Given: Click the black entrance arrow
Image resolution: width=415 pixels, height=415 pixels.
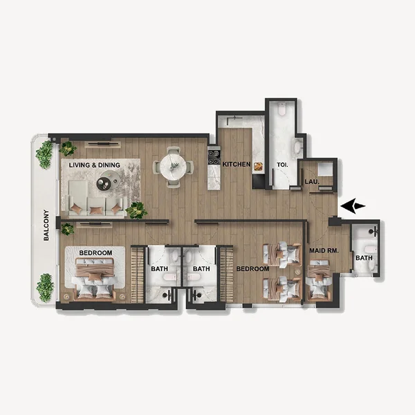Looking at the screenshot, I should tap(353, 205).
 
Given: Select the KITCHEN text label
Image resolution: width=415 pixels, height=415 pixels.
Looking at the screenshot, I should tap(236, 165).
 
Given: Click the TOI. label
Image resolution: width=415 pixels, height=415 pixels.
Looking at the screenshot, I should tap(282, 165).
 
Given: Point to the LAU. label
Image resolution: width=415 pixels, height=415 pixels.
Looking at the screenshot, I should tap(312, 182).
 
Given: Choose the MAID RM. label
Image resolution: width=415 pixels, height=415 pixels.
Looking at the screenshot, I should tap(323, 250).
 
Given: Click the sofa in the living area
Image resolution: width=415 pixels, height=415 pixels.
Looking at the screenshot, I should tap(97, 205).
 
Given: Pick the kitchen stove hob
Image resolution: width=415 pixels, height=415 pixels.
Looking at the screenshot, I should tap(214, 157).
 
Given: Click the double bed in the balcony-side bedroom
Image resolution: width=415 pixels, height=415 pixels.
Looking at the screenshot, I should tap(95, 280).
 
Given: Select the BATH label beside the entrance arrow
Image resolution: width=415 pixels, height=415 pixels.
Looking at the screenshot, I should tap(363, 258).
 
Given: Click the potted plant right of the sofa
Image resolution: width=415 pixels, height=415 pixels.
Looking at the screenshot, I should tap(137, 210).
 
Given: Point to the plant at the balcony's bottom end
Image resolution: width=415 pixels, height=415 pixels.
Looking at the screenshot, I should tap(45, 286).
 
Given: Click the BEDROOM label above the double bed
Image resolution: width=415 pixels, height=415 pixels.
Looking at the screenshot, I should tap(95, 253).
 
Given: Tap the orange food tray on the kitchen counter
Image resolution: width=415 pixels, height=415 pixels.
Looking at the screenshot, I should tap(259, 166).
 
